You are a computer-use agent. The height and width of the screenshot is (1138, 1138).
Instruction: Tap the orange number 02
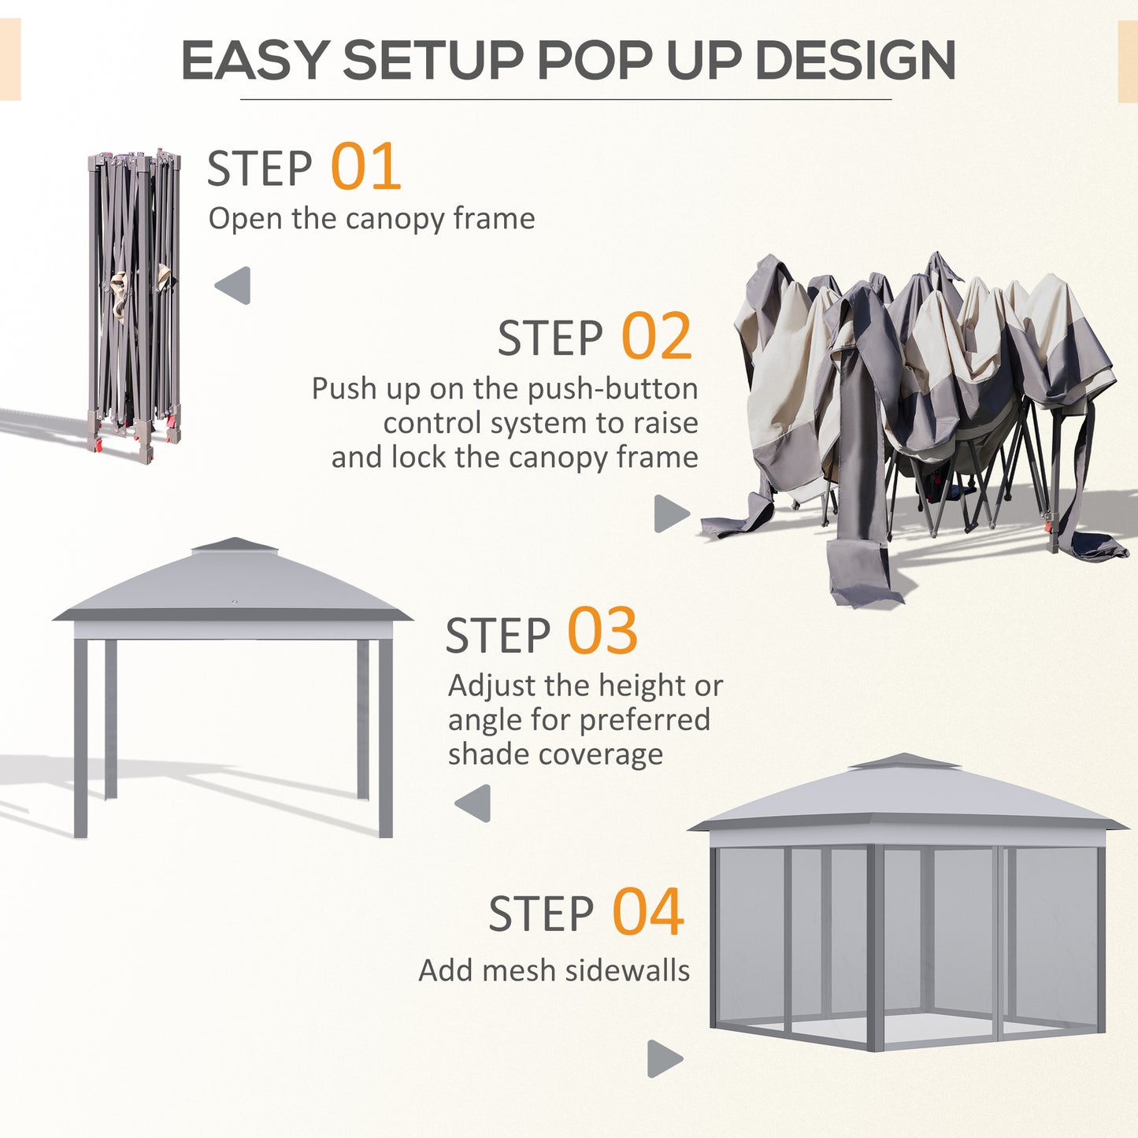coord(656,336)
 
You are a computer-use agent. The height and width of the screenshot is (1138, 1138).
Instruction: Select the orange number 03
coord(602,632)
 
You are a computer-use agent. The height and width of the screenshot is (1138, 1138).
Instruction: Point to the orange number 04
coord(647,911)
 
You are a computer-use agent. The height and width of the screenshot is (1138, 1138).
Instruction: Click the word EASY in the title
coord(254,60)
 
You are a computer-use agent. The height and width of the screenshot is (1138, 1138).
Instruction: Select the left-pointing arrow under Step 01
coord(234,285)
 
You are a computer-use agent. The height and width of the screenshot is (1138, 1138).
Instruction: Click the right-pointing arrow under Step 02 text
coord(670,513)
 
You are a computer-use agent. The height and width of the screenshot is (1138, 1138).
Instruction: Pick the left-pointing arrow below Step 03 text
coord(474,803)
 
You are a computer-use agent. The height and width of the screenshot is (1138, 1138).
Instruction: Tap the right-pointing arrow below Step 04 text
coord(664,1058)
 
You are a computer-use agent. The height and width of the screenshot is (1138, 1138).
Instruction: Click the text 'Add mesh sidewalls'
coord(554,970)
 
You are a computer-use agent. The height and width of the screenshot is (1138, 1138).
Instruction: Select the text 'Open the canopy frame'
coord(371,218)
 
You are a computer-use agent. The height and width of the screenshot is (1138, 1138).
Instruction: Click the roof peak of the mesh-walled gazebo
coord(904,761)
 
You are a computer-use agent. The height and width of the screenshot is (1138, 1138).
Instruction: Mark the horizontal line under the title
coord(565,100)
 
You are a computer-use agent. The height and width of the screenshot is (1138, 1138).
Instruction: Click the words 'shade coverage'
coord(555,754)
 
